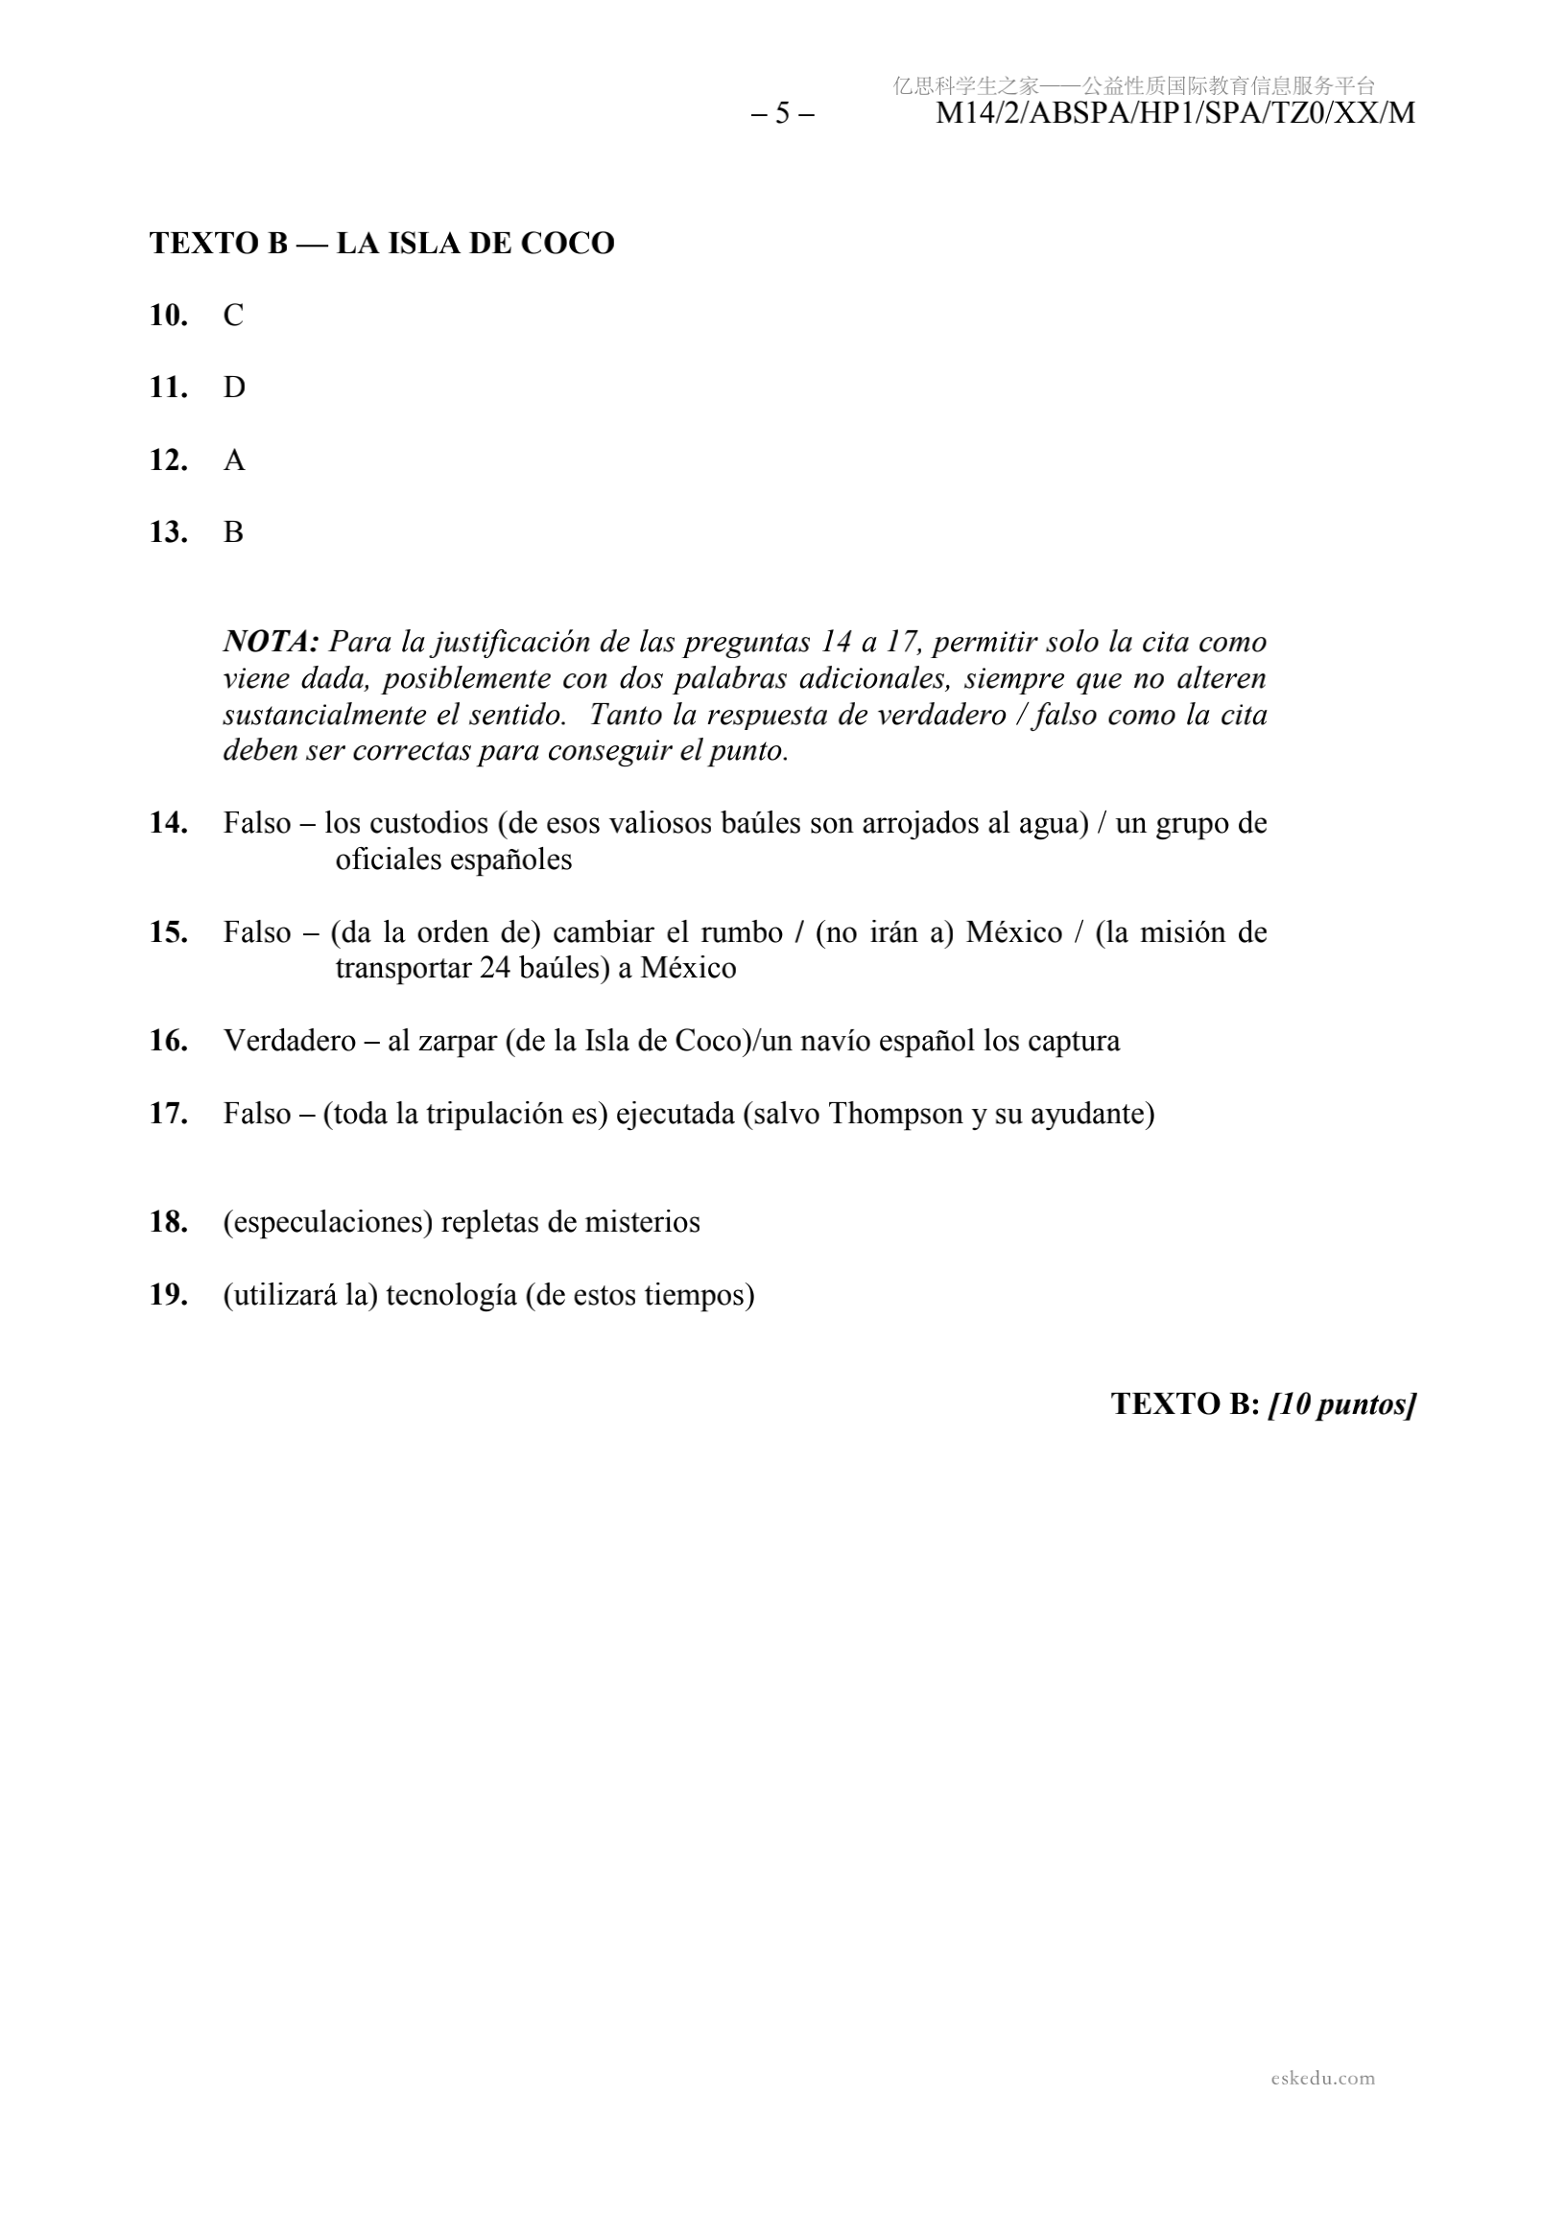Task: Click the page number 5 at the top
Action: [x=782, y=114]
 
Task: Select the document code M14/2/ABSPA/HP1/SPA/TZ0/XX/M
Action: [x=1174, y=114]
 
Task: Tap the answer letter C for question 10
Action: [x=233, y=316]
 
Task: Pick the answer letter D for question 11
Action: [x=234, y=388]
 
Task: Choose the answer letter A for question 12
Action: [x=234, y=460]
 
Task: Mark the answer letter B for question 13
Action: [x=233, y=532]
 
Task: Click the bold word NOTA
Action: [x=270, y=642]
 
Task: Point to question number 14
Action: [x=168, y=823]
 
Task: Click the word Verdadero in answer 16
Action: [x=289, y=1041]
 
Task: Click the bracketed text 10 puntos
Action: [x=1341, y=1404]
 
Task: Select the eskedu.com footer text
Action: [x=1322, y=2078]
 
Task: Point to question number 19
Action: [x=168, y=1295]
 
